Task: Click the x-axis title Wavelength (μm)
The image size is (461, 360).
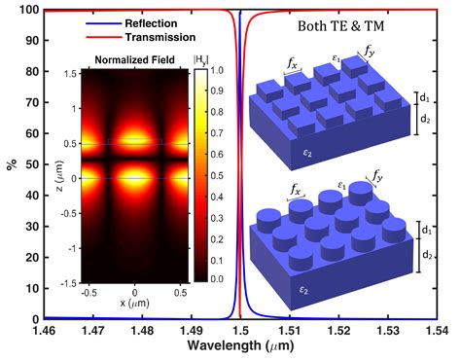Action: (240, 348)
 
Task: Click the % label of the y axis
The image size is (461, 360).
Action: (10, 164)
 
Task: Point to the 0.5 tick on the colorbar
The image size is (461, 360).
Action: (216, 175)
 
